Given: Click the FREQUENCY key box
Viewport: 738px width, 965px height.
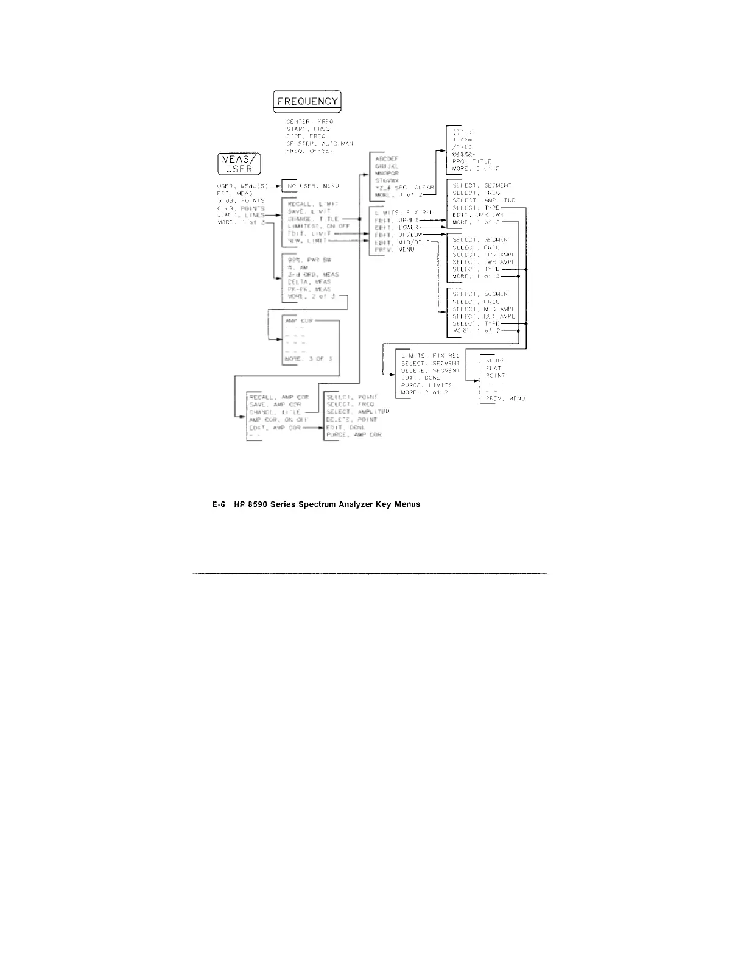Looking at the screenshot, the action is tap(307, 101).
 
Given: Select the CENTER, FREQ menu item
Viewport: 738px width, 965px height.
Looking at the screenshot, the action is tap(309, 122).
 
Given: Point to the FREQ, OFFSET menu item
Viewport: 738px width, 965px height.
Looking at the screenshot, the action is tap(309, 151).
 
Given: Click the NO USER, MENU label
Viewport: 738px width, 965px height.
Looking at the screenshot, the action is tap(313, 185).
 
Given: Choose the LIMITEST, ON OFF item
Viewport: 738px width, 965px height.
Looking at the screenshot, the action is tap(314, 226).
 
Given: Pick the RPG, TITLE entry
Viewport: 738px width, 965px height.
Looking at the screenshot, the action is tap(471, 161).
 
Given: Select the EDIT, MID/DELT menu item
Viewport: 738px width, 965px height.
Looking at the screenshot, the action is tap(402, 242).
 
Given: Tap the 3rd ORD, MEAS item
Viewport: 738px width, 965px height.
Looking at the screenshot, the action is tap(313, 275).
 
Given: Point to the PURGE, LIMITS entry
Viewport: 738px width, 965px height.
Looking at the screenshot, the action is tap(426, 385).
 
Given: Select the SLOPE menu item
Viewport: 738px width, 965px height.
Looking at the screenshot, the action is tap(495, 361).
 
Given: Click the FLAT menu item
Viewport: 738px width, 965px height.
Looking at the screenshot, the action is tap(493, 368).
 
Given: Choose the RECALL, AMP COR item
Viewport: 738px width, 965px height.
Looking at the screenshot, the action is tap(279, 397).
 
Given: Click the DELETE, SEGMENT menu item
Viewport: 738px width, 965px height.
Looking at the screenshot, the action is tap(430, 370).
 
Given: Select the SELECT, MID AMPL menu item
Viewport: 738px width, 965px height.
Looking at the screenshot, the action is tap(484, 309).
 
